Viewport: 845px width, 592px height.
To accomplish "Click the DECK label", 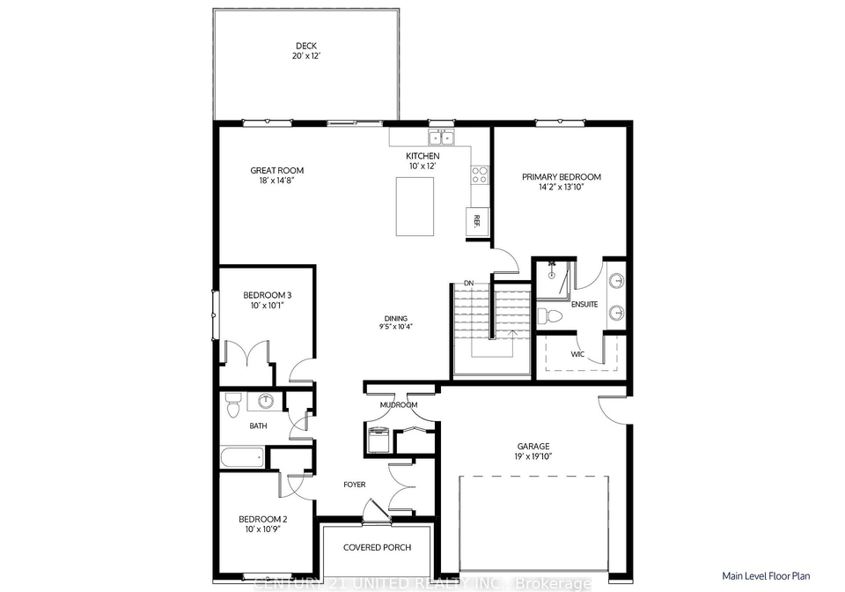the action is pyautogui.click(x=306, y=46).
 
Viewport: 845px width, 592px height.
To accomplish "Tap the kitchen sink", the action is pyautogui.click(x=442, y=138).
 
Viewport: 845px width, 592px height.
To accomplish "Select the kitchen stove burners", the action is pyautogui.click(x=479, y=174).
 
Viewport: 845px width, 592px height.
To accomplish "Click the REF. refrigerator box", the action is pyautogui.click(x=477, y=220).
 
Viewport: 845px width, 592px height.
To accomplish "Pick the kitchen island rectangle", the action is pyautogui.click(x=415, y=206).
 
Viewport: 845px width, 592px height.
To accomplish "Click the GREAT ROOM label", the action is pyautogui.click(x=277, y=170).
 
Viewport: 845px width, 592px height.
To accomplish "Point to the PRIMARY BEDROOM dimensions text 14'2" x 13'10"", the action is pyautogui.click(x=561, y=188).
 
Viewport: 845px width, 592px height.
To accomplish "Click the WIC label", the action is pyautogui.click(x=577, y=354).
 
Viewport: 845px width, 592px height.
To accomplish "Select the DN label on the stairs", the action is pyautogui.click(x=469, y=283).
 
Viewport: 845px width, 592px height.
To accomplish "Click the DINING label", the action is pyautogui.click(x=395, y=318).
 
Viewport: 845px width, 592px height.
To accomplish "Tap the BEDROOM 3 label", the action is pyautogui.click(x=268, y=295).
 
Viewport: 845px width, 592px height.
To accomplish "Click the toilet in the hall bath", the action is pyautogui.click(x=232, y=405).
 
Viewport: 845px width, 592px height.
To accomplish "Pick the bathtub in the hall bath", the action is pyautogui.click(x=242, y=459).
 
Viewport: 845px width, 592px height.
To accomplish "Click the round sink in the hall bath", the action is pyautogui.click(x=266, y=401).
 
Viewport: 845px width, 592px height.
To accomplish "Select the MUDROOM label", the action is pyautogui.click(x=399, y=405).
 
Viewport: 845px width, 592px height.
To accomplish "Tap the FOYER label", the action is pyautogui.click(x=355, y=485).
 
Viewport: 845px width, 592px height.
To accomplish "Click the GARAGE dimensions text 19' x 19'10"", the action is pyautogui.click(x=533, y=456).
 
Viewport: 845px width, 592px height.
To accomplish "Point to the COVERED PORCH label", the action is pyautogui.click(x=378, y=547).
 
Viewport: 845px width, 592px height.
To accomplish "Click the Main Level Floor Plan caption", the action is pyautogui.click(x=766, y=576).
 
